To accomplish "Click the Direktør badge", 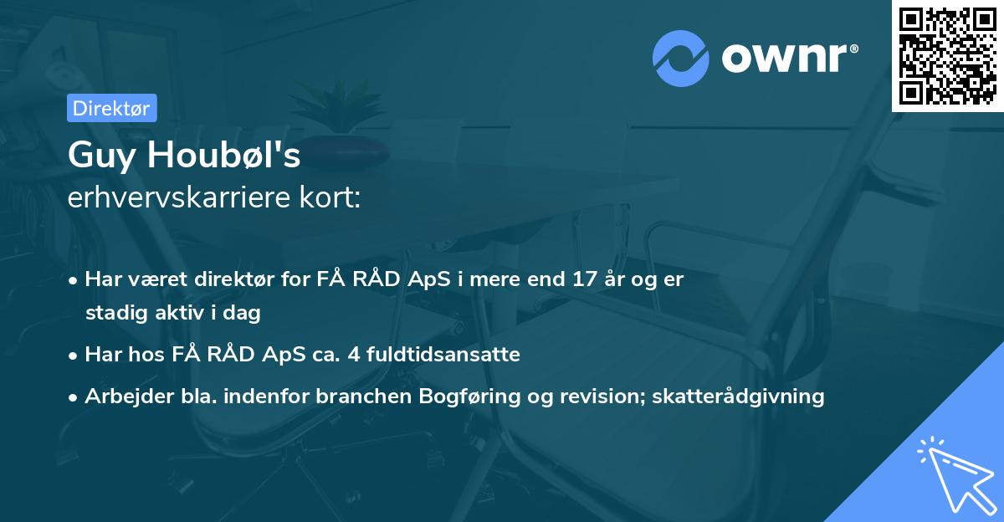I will click(111, 108).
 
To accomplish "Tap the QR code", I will click(948, 55).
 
